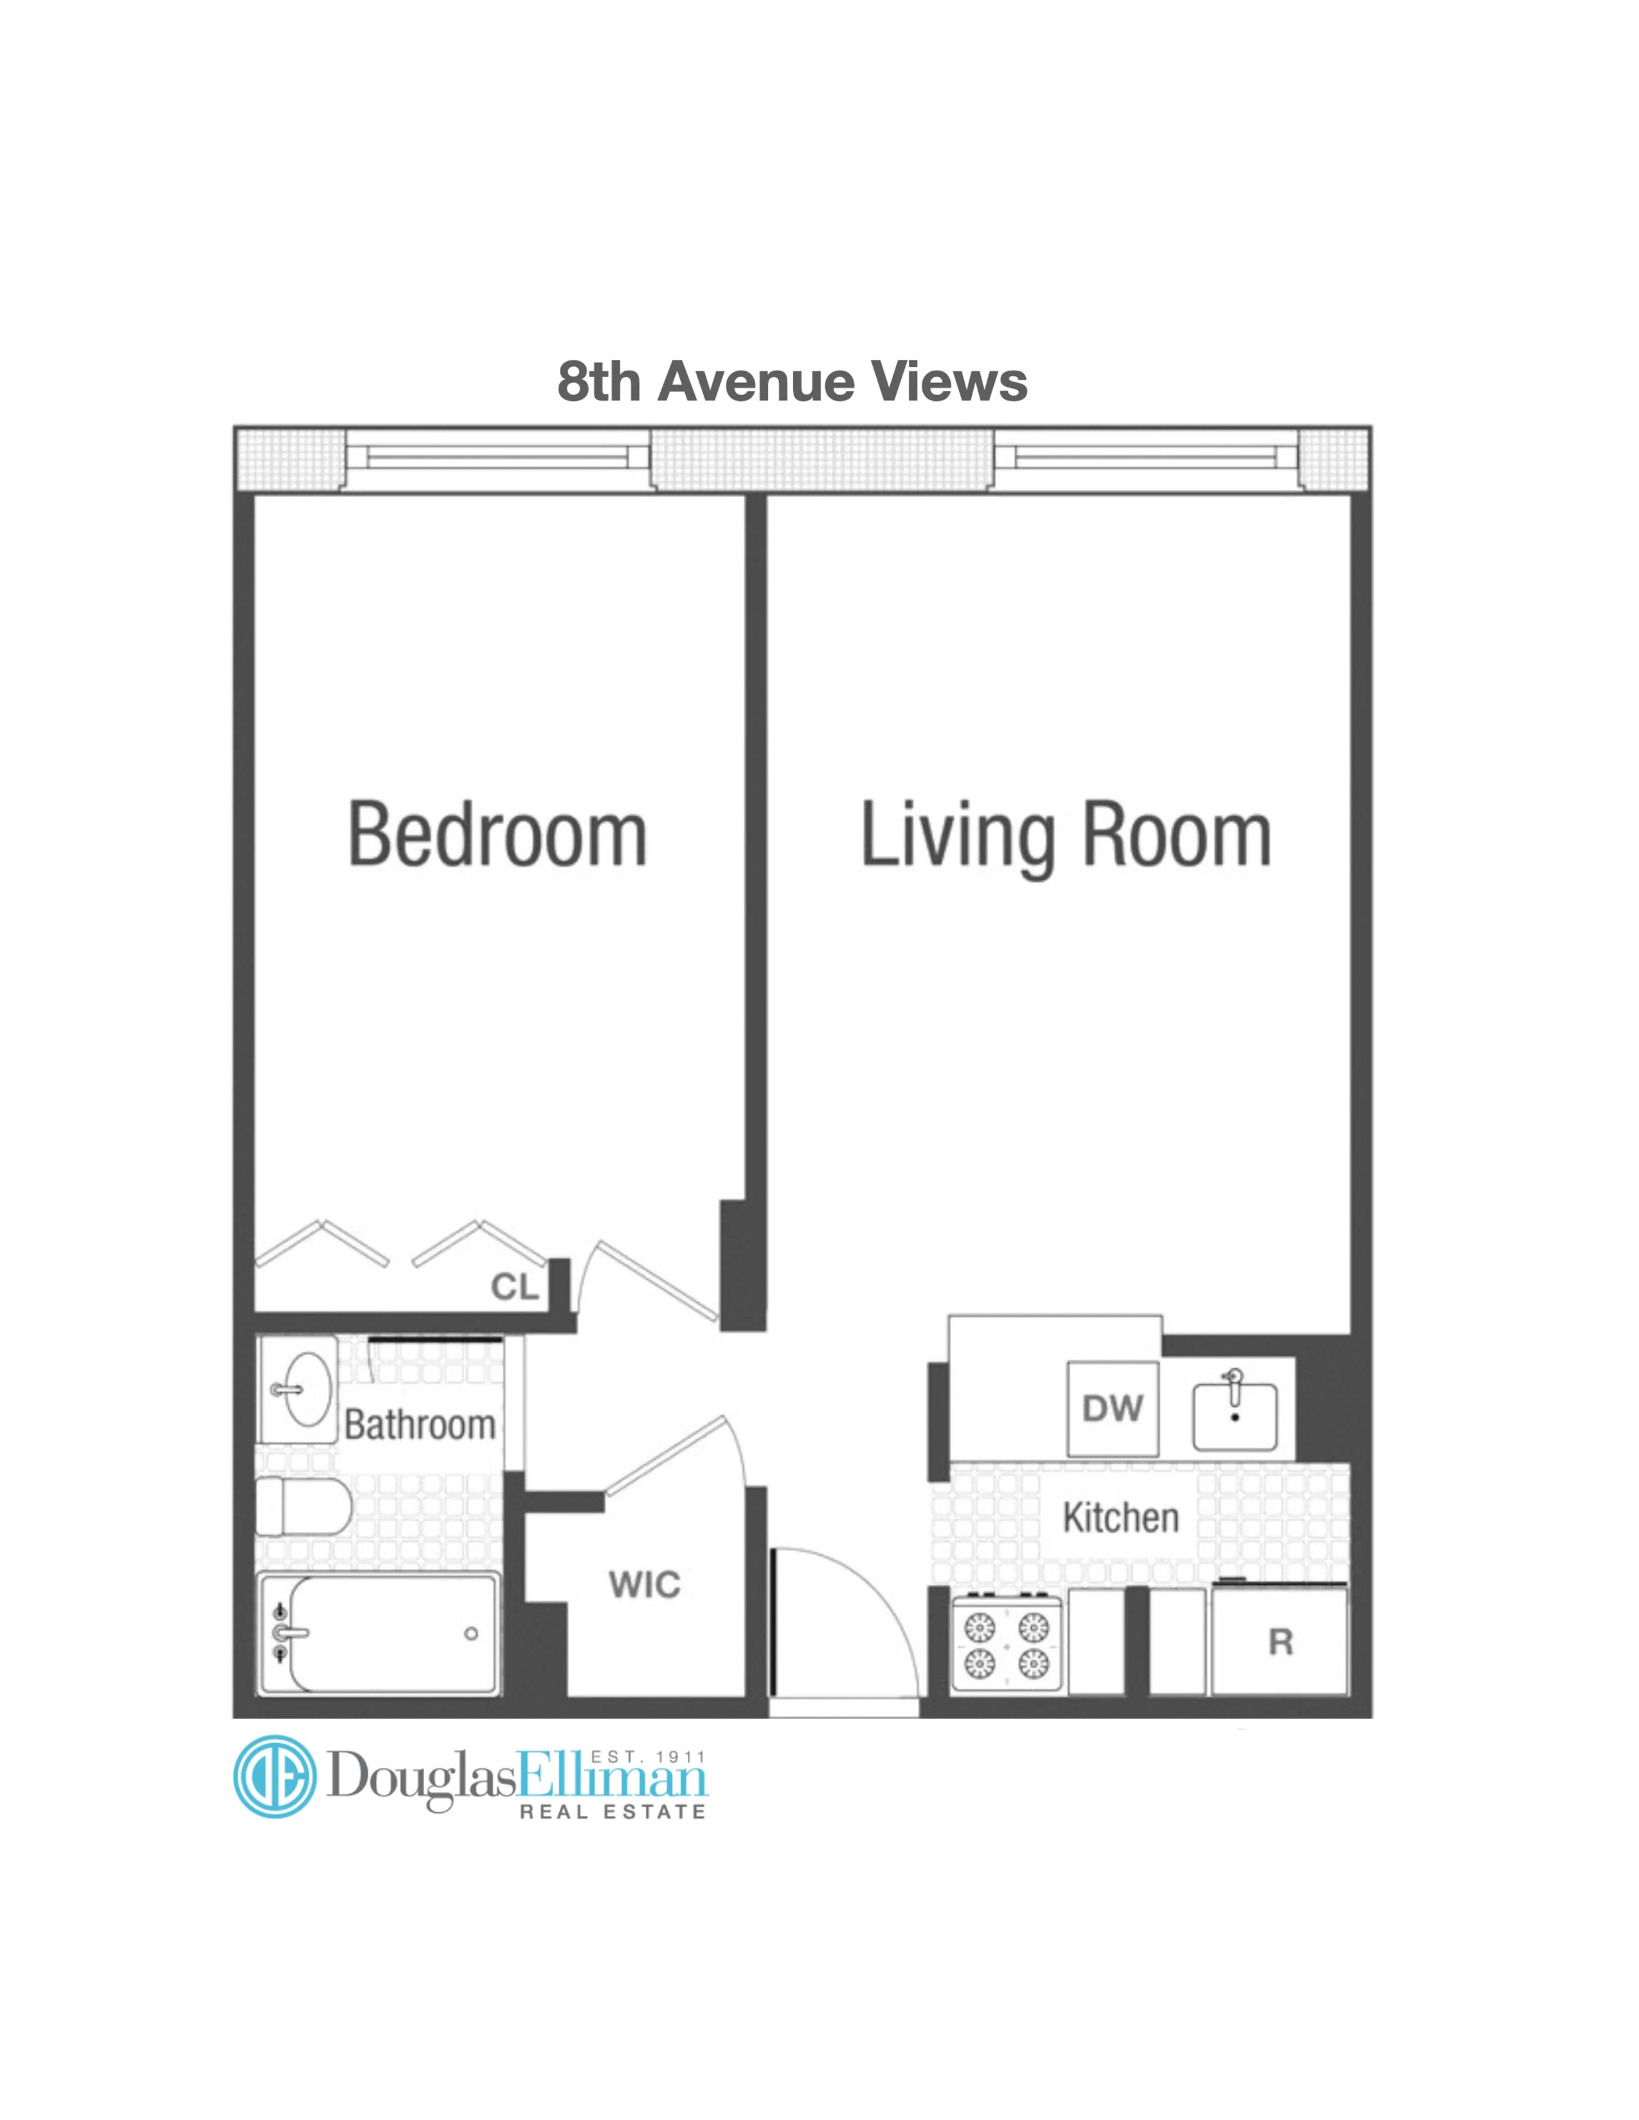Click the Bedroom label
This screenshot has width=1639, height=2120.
point(497,834)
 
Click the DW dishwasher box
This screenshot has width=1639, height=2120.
point(1112,1408)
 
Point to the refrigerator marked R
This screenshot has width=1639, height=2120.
point(1280,1641)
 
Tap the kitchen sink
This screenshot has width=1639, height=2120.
point(1234,1417)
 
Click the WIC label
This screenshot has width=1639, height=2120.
point(644,1584)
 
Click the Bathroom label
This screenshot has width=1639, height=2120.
point(420,1425)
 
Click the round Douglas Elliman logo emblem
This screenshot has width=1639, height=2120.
point(276,1776)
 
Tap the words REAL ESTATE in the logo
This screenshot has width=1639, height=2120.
point(613,1812)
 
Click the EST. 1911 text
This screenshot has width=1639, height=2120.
point(648,1757)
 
